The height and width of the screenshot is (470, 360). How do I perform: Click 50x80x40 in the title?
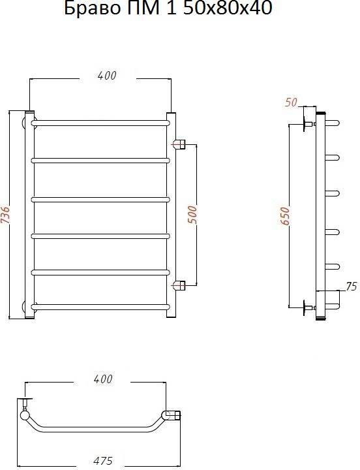pyautogui.click(x=227, y=8)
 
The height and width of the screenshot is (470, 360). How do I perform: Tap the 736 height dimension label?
pyautogui.click(x=6, y=214)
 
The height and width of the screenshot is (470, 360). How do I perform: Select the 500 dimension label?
pyautogui.click(x=193, y=214)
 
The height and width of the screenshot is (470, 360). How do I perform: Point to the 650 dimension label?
pyautogui.click(x=285, y=215)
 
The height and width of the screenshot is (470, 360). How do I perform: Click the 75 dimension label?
pyautogui.click(x=351, y=287)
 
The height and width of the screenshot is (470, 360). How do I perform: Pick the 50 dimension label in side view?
pyautogui.click(x=291, y=102)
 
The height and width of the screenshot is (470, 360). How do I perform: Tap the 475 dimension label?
pyautogui.click(x=103, y=461)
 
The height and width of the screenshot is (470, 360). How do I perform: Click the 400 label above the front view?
pyautogui.click(x=106, y=76)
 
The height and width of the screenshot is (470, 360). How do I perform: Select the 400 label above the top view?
pyautogui.click(x=103, y=379)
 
